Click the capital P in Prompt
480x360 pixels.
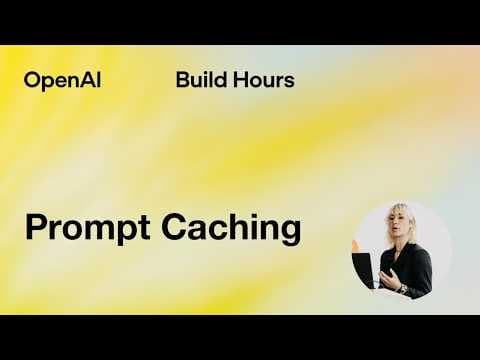tap(35, 227)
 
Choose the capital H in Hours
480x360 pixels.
tap(238, 80)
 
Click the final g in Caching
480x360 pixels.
tap(289, 232)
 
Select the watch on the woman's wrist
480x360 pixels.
tap(403, 288)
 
